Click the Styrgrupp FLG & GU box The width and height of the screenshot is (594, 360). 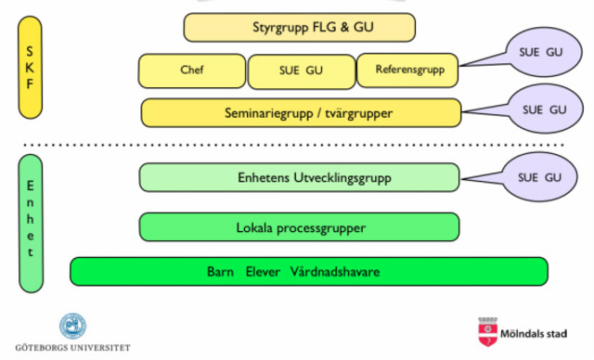click(300, 27)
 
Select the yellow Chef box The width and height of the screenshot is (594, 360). click(192, 70)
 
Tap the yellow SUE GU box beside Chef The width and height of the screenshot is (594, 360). click(301, 71)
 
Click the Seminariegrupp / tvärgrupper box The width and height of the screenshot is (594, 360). click(301, 112)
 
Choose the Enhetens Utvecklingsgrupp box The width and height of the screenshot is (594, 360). click(299, 177)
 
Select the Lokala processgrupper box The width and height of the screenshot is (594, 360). click(299, 226)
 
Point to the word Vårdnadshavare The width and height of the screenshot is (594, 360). click(336, 272)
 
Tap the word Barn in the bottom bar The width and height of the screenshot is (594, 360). click(221, 272)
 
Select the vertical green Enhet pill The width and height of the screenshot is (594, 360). click(31, 224)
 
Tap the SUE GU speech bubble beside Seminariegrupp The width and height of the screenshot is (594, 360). click(544, 109)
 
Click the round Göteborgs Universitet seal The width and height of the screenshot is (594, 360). click(72, 326)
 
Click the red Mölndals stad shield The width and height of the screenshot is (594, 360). click(485, 332)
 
